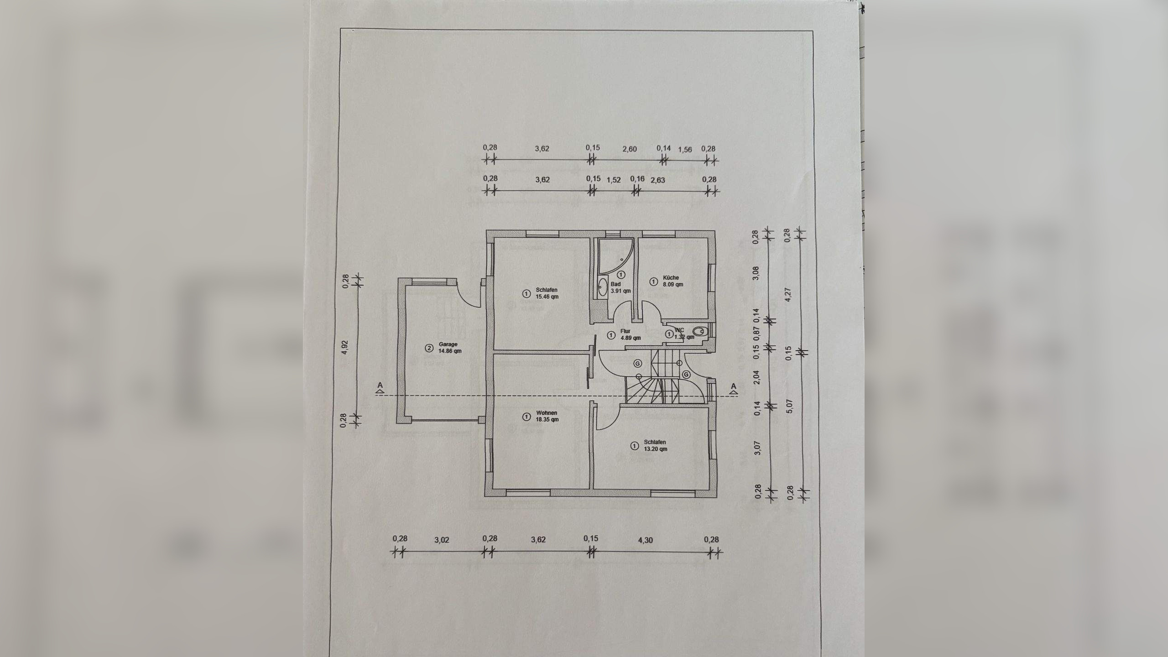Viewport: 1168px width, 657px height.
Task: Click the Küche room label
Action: click(672, 281)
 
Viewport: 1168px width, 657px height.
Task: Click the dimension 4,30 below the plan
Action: click(645, 540)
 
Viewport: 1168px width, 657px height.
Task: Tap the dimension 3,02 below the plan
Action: click(442, 540)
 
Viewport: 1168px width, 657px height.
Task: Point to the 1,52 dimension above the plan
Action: click(614, 180)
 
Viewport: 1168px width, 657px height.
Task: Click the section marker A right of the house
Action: click(734, 387)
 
